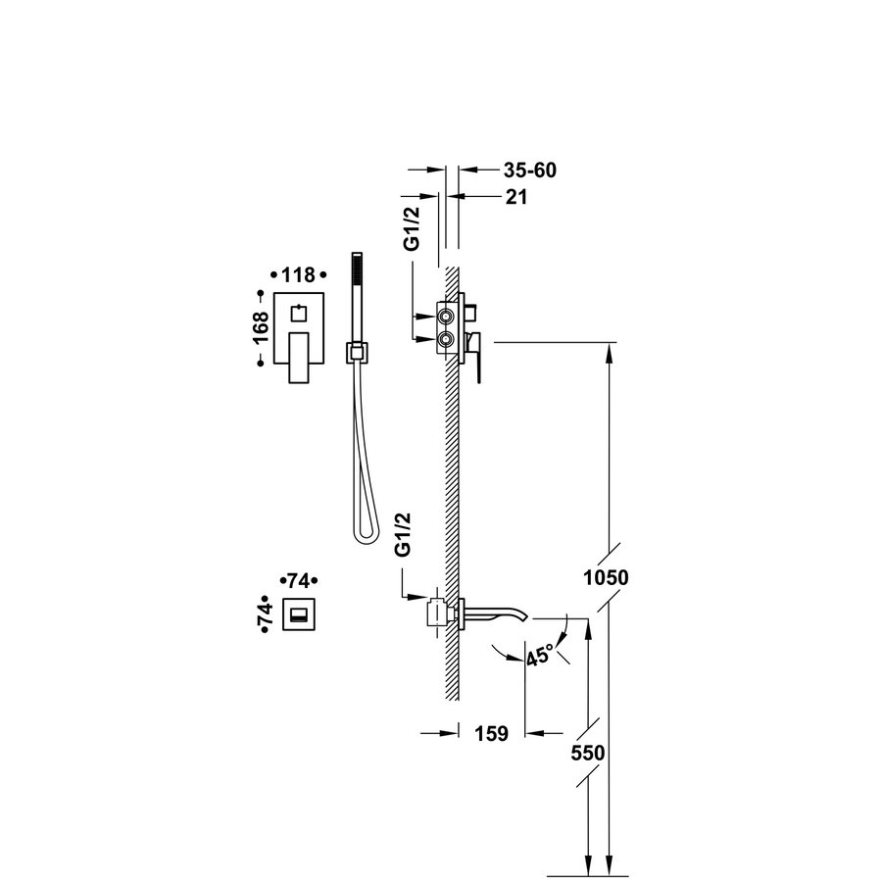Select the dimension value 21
(516, 197)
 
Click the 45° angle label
(540, 652)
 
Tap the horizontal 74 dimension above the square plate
(301, 579)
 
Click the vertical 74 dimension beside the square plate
(263, 615)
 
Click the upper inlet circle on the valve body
(447, 317)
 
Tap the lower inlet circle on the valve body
(447, 339)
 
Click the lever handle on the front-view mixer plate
(299, 358)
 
